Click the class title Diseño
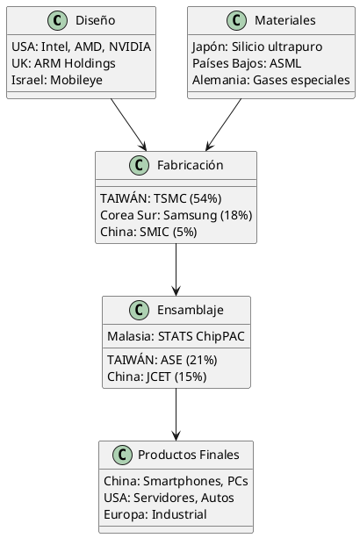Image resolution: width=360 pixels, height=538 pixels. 95,20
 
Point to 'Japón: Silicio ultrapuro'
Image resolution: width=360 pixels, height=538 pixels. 256,47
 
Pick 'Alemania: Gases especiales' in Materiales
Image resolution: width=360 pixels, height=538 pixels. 271,81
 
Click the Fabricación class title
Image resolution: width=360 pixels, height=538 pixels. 191,165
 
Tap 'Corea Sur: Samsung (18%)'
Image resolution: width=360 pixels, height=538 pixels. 176,215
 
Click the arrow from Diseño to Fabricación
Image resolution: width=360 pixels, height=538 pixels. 128,125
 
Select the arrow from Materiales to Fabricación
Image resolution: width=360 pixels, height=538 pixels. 223,125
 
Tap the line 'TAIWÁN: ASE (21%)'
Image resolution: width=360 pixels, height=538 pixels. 162,360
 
